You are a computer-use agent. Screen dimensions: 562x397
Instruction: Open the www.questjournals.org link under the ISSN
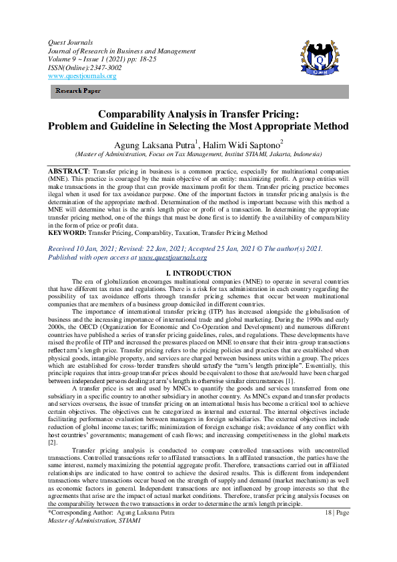click(81, 76)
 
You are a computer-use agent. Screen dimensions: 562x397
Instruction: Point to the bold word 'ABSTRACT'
click(67, 171)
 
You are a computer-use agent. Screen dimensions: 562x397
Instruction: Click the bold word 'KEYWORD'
click(67, 234)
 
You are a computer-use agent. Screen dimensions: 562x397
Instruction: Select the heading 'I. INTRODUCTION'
click(198, 273)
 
